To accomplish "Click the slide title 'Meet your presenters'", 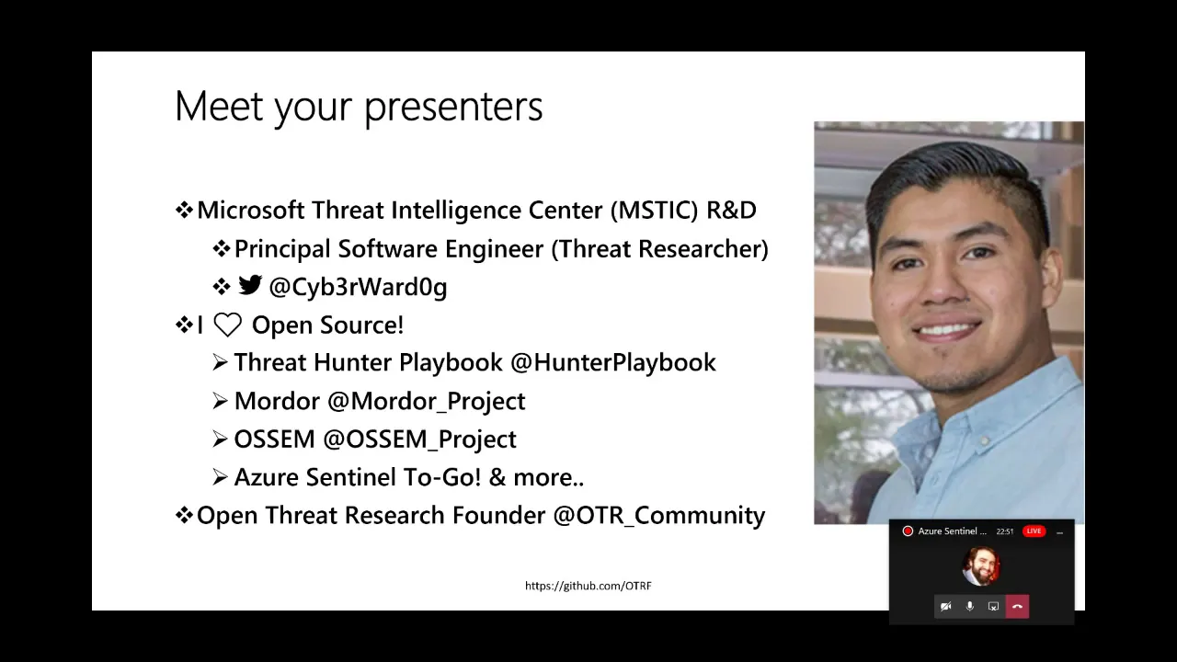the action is pyautogui.click(x=359, y=107).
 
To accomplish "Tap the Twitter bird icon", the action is pyautogui.click(x=250, y=285).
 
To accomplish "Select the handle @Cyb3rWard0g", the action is pyautogui.click(x=358, y=288).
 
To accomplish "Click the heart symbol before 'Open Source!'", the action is pyautogui.click(x=227, y=325).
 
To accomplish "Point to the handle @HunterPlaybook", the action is pyautogui.click(x=613, y=363).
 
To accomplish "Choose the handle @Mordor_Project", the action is pyautogui.click(x=426, y=402).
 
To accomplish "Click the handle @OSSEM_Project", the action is pyautogui.click(x=420, y=439).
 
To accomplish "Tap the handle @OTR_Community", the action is pyautogui.click(x=659, y=516).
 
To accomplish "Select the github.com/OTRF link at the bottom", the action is pyautogui.click(x=588, y=586).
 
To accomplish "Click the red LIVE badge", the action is pyautogui.click(x=1034, y=531).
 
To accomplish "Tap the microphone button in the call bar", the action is pyautogui.click(x=969, y=606).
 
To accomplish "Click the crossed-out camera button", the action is pyautogui.click(x=946, y=606).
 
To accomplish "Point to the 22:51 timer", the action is pyautogui.click(x=1005, y=531).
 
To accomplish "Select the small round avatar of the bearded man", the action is pyautogui.click(x=981, y=566).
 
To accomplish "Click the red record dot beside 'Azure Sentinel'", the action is pyautogui.click(x=908, y=531).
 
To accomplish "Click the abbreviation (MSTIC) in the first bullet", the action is pyautogui.click(x=654, y=211).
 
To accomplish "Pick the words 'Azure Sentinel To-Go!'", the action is pyautogui.click(x=358, y=477).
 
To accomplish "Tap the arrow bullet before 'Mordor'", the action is pyautogui.click(x=220, y=402).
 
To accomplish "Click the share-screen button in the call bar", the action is pyautogui.click(x=993, y=606).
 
